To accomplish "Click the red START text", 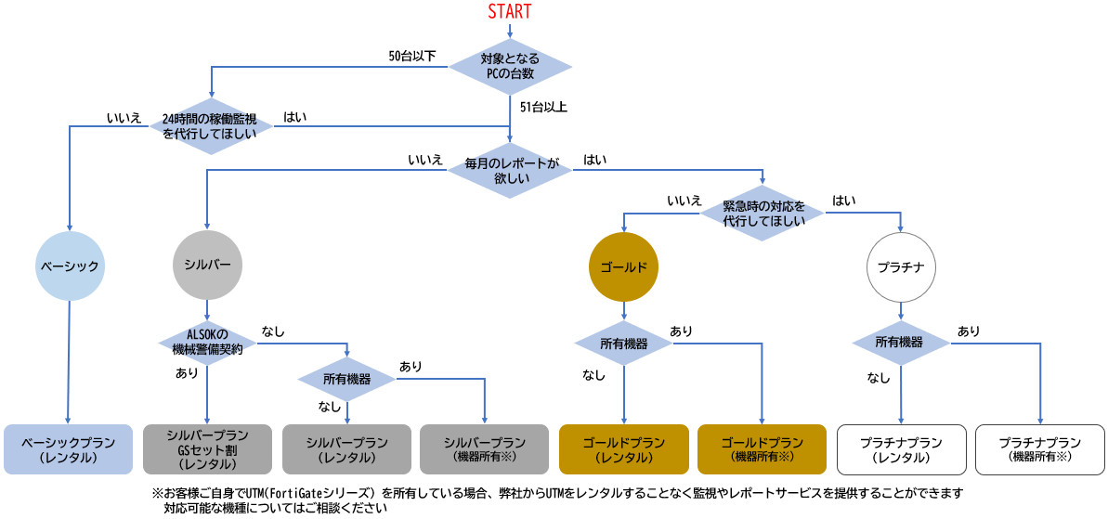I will click(510, 12).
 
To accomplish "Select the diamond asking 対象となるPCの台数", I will click(510, 66).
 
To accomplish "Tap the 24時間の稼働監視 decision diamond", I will click(212, 127).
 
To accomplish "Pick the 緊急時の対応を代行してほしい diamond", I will click(763, 214).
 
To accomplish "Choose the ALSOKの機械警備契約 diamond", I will click(206, 341).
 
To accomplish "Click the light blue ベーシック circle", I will click(69, 266).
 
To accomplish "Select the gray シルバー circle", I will click(206, 265).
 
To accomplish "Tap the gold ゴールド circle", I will click(623, 266).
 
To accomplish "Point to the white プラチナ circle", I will click(900, 266).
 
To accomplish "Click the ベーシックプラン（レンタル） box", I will click(69, 449).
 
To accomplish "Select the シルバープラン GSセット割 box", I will click(207, 449).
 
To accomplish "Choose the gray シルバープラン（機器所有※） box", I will click(484, 449).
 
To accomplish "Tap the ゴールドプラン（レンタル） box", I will click(623, 449).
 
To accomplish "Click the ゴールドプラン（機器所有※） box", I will click(762, 449).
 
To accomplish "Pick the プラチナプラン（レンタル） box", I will click(900, 449).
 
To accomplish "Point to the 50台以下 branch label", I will click(412, 56).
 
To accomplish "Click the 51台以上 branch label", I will click(543, 107).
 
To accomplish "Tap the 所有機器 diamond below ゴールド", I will click(623, 343).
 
